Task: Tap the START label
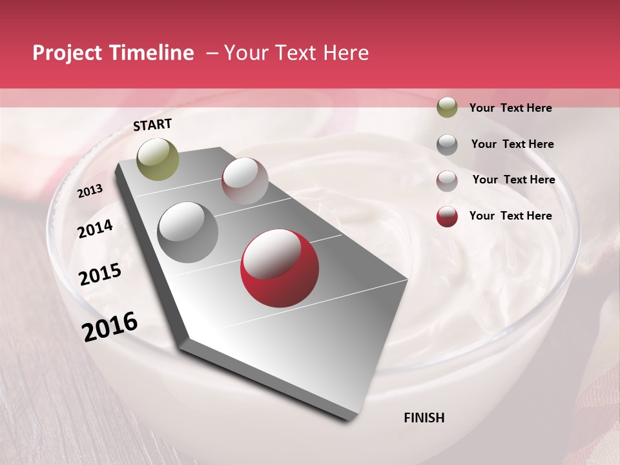coord(152,125)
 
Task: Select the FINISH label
coord(424,418)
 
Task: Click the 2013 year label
coord(90,191)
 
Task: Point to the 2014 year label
coord(96,229)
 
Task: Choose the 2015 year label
coord(100,274)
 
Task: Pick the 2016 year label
coord(110,326)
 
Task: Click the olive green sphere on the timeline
coord(158,159)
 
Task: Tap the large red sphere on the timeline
coord(280,268)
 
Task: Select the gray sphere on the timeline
coord(187,232)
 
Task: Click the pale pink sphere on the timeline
coord(245,180)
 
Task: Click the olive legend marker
coord(447,108)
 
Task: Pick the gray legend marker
coord(447,144)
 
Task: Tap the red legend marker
coord(447,216)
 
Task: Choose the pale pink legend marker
coord(447,180)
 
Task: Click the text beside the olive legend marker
coord(511,108)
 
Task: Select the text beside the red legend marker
coord(511,216)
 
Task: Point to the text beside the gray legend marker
coord(513,144)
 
